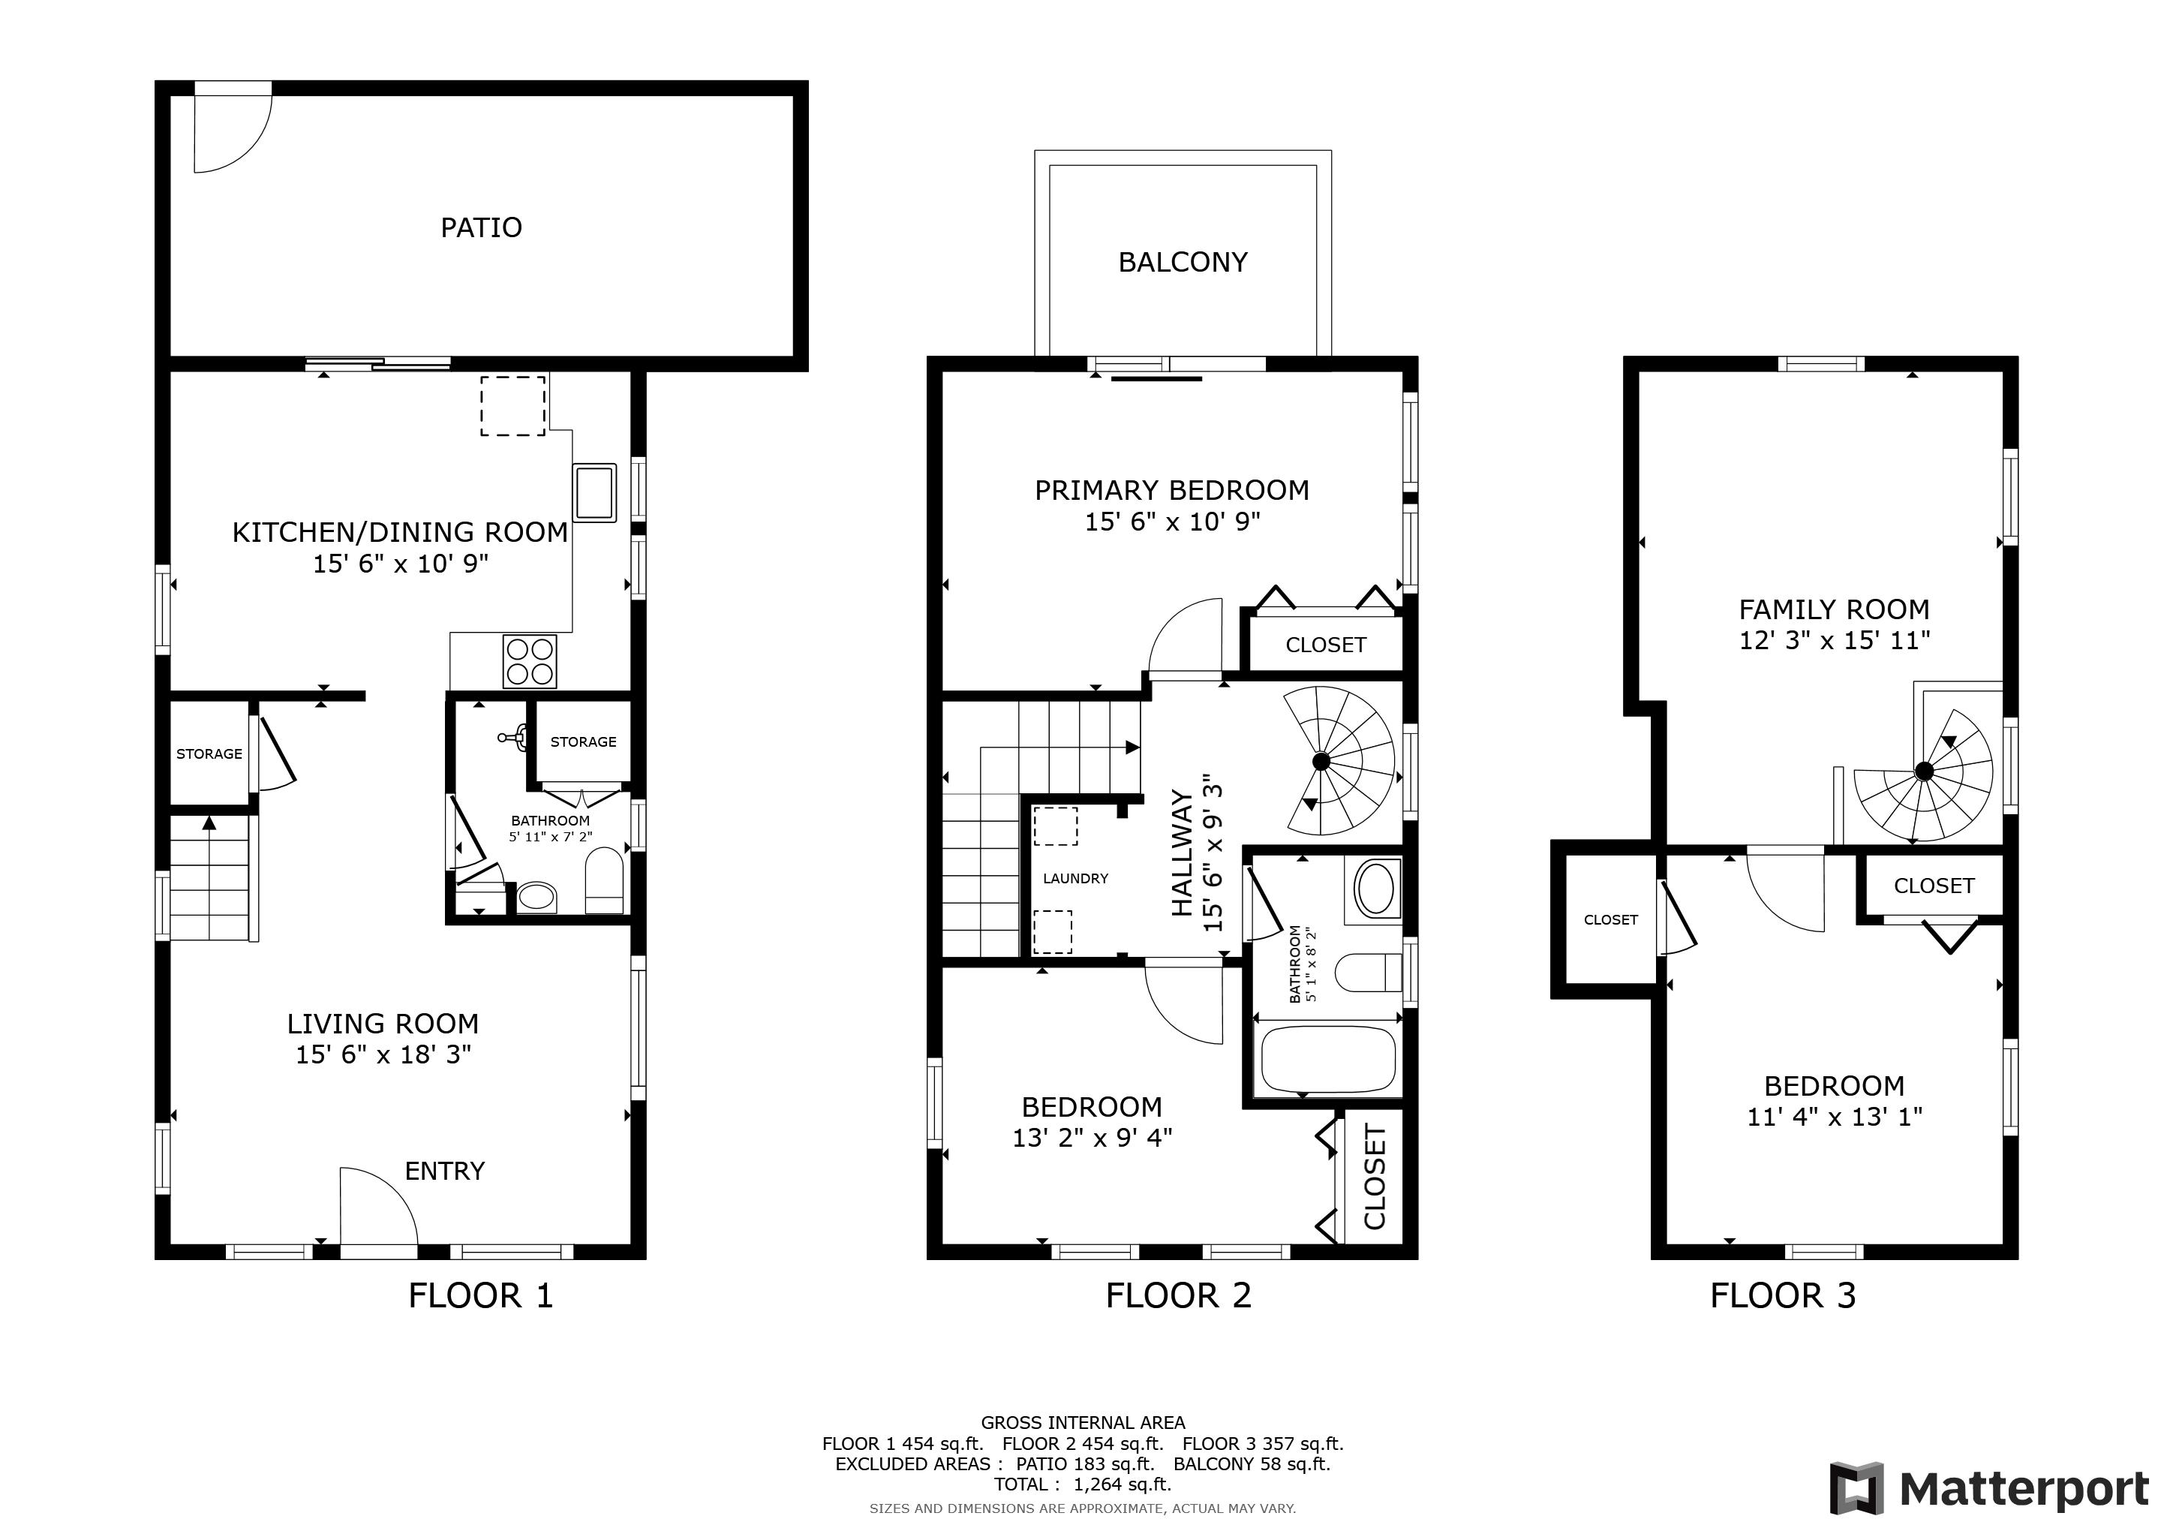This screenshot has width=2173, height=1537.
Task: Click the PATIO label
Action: pos(481,228)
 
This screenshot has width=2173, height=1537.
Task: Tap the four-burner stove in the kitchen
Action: pos(530,660)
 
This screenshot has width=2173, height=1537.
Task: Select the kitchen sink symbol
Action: pos(594,492)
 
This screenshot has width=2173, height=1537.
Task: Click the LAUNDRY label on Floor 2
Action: pos(1075,878)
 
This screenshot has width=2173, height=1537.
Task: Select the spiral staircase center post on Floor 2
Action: pos(1321,761)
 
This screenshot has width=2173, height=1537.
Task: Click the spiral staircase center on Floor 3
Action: pos(1923,772)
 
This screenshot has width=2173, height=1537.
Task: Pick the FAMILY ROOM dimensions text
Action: pos(1833,641)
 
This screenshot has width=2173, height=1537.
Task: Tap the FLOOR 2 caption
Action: pos(1178,1295)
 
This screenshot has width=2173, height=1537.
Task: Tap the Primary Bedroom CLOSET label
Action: pos(1325,645)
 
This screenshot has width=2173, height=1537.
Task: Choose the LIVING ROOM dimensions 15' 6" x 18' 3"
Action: pos(383,1054)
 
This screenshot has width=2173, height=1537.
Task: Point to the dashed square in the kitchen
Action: pos(513,406)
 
